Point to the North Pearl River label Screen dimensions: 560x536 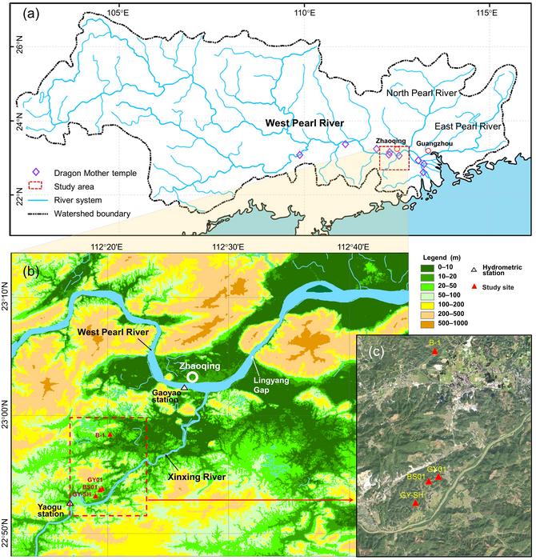(422, 94)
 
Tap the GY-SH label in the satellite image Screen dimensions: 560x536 (413, 495)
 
